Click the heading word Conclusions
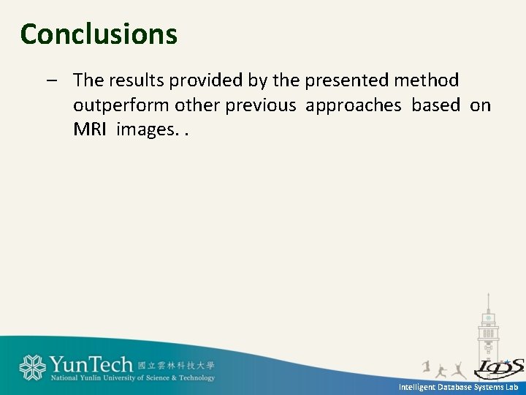(99, 34)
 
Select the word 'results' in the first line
(138, 80)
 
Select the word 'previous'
(261, 106)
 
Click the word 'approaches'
(354, 106)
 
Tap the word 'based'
(436, 106)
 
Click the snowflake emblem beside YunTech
(32, 367)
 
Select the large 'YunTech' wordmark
(91, 364)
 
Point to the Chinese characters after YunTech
(176, 364)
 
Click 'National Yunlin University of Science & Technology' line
(132, 378)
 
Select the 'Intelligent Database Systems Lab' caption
(458, 387)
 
